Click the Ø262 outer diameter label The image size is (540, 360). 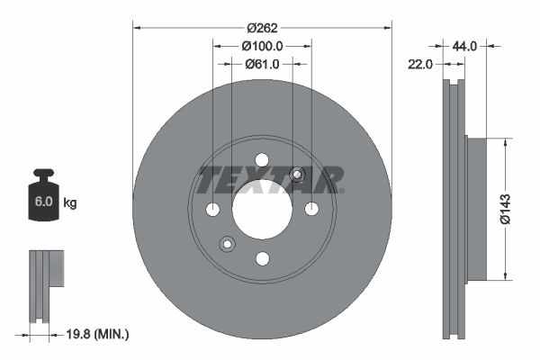click(263, 27)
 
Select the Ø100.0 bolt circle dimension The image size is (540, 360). click(263, 45)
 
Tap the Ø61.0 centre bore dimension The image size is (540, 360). click(263, 63)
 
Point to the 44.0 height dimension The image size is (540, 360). click(466, 44)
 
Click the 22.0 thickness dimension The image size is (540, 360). click(421, 64)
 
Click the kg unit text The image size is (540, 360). click(70, 203)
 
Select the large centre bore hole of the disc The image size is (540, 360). click(262, 210)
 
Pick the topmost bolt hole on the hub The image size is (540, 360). click(262, 160)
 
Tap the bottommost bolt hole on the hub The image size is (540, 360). click(262, 259)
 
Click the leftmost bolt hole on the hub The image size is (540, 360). click(212, 210)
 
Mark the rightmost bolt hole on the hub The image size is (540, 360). click(311, 210)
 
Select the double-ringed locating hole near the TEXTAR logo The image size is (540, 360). click(298, 175)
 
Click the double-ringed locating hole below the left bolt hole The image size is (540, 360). click(227, 243)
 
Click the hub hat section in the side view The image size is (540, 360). click(476, 209)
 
